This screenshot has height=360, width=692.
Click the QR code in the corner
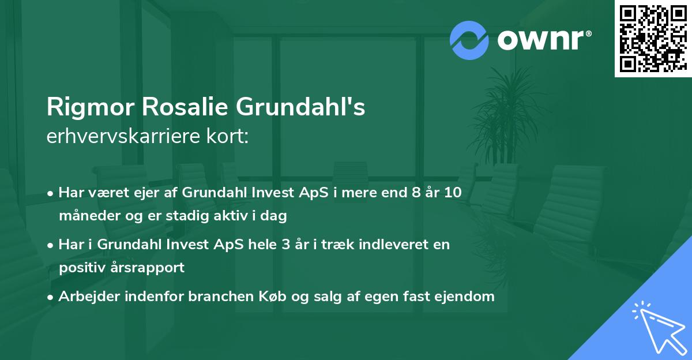(x=653, y=38)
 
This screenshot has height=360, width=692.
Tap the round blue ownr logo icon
(x=469, y=40)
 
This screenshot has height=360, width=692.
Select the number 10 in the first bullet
(x=453, y=193)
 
